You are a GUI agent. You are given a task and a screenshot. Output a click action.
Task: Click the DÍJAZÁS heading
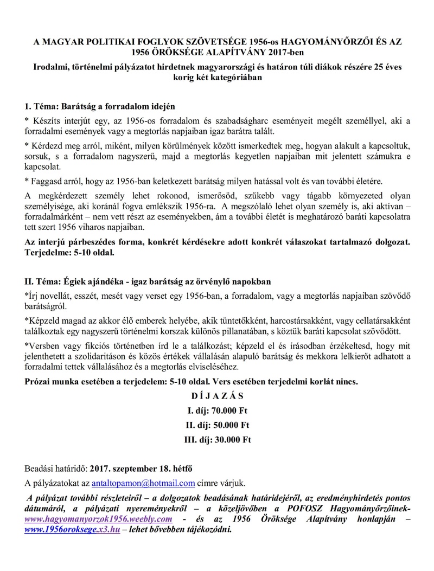coord(217,396)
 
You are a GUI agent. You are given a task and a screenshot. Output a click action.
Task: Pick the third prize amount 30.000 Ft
coord(230,440)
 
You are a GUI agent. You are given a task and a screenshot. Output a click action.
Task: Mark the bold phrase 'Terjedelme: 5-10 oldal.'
coord(67,253)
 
